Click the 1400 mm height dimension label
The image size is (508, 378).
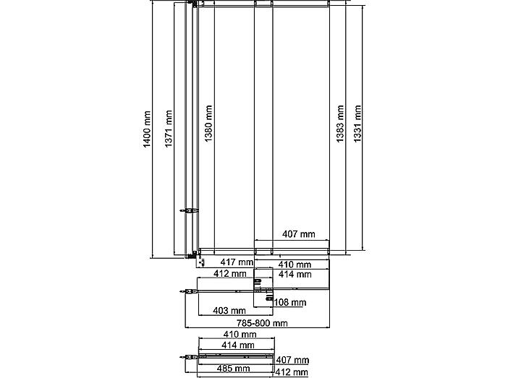click(147, 129)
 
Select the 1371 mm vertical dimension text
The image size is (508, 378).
click(168, 129)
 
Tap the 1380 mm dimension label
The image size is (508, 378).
click(208, 124)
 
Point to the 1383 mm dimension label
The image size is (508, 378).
click(340, 124)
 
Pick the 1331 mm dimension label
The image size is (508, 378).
click(357, 124)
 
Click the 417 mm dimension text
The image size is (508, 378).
click(237, 262)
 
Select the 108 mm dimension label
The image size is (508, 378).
click(290, 303)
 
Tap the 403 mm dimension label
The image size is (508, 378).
click(229, 311)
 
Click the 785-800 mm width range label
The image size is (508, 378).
click(262, 323)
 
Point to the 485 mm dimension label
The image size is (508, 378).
click(233, 369)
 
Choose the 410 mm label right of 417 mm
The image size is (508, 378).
click(295, 265)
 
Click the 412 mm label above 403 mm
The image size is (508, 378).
click(229, 273)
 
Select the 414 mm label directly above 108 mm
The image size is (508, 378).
click(295, 275)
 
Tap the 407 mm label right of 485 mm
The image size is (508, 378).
click(292, 360)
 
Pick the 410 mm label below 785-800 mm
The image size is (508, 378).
click(240, 334)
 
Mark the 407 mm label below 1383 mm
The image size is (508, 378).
click(298, 233)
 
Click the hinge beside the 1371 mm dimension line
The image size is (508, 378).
click(189, 211)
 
